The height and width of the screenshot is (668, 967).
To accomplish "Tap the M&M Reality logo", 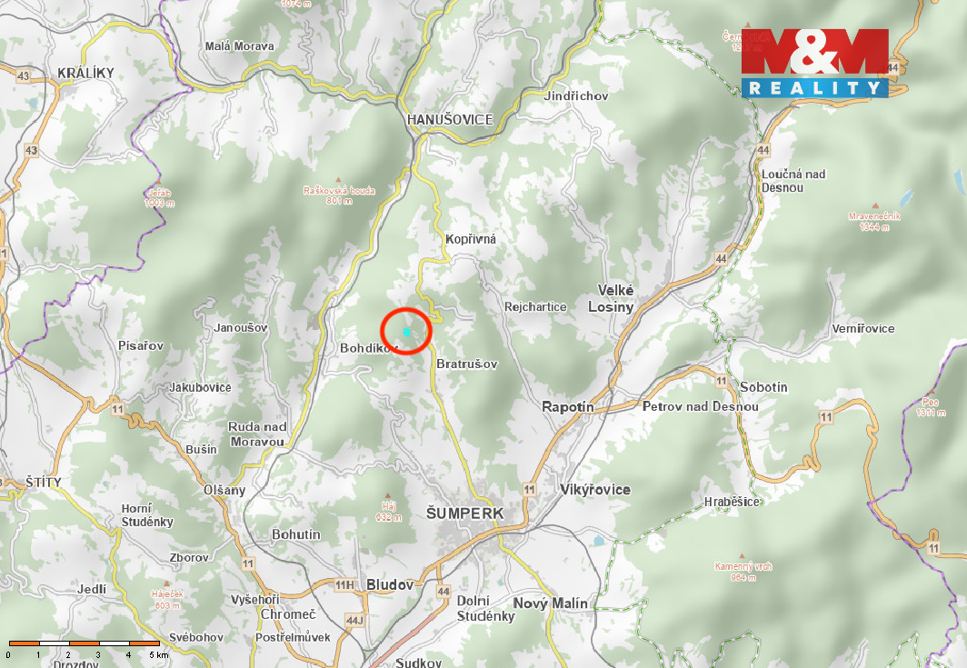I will tap(814, 63).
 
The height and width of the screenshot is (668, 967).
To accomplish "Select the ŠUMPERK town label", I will tap(464, 513).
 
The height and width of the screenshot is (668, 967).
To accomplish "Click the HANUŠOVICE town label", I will tap(450, 119).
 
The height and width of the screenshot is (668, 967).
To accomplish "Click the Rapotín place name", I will tap(568, 407).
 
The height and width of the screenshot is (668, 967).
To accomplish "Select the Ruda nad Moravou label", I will tap(257, 434).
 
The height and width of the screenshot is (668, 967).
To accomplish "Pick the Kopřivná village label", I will tap(471, 239).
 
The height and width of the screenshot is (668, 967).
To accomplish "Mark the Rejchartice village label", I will tap(535, 307).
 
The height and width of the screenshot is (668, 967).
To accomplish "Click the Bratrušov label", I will tap(467, 364).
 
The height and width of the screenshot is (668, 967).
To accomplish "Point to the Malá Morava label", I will tap(240, 46).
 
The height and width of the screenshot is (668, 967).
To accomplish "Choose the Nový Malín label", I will tap(550, 603).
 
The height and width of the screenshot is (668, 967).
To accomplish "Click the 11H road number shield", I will tap(344, 584).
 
